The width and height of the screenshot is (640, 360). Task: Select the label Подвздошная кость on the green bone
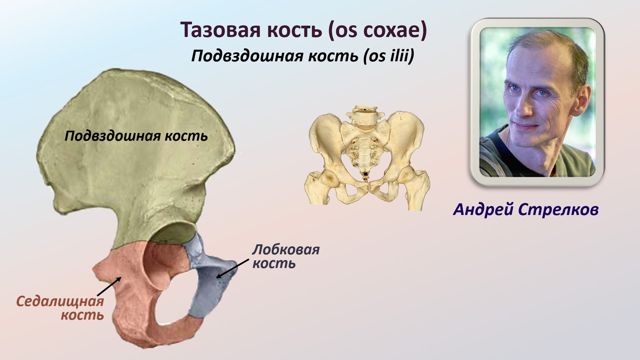[136, 136]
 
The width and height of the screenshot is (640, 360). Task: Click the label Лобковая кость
[285, 256]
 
